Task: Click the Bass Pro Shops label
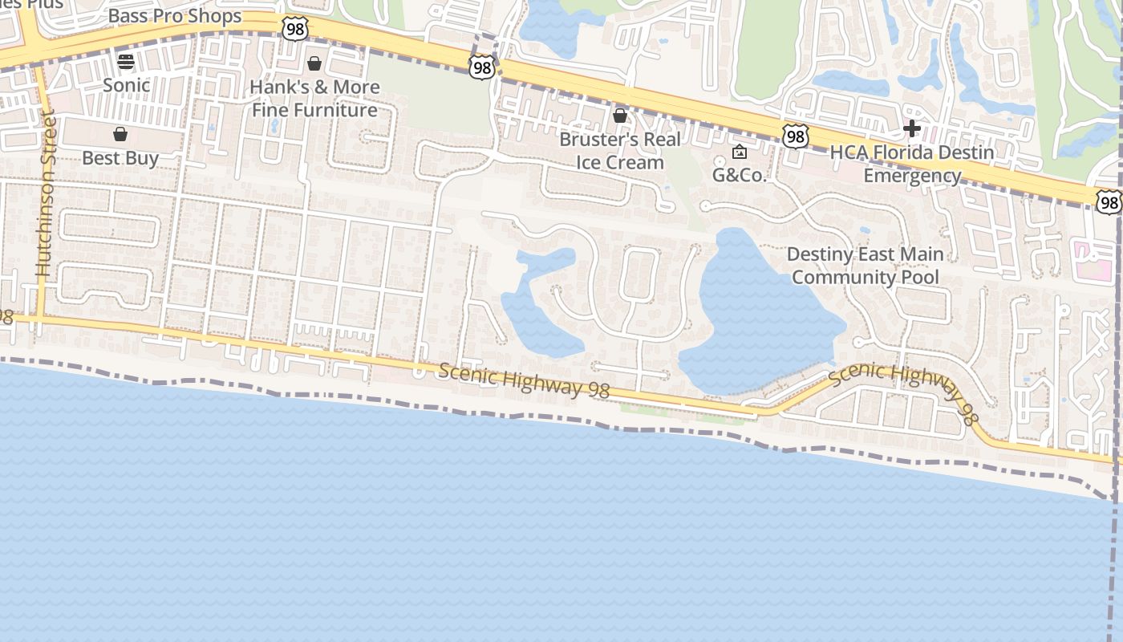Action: point(174,16)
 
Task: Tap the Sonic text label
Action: point(126,85)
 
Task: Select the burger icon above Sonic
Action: point(126,61)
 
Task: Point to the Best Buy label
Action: point(120,158)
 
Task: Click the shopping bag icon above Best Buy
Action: point(120,133)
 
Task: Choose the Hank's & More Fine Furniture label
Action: point(314,98)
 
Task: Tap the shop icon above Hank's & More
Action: point(314,63)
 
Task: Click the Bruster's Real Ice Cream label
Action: point(620,151)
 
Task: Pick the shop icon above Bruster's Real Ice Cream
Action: point(620,116)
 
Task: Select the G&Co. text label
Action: point(740,175)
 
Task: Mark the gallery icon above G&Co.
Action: point(740,151)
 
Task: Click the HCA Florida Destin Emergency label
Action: point(912,164)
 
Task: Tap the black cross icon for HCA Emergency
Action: point(911,128)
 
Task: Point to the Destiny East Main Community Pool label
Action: point(865,266)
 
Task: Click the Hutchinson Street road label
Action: point(46,197)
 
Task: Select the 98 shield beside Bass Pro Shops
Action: point(295,29)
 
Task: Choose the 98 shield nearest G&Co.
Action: point(795,136)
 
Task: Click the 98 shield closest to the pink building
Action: point(1109,202)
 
